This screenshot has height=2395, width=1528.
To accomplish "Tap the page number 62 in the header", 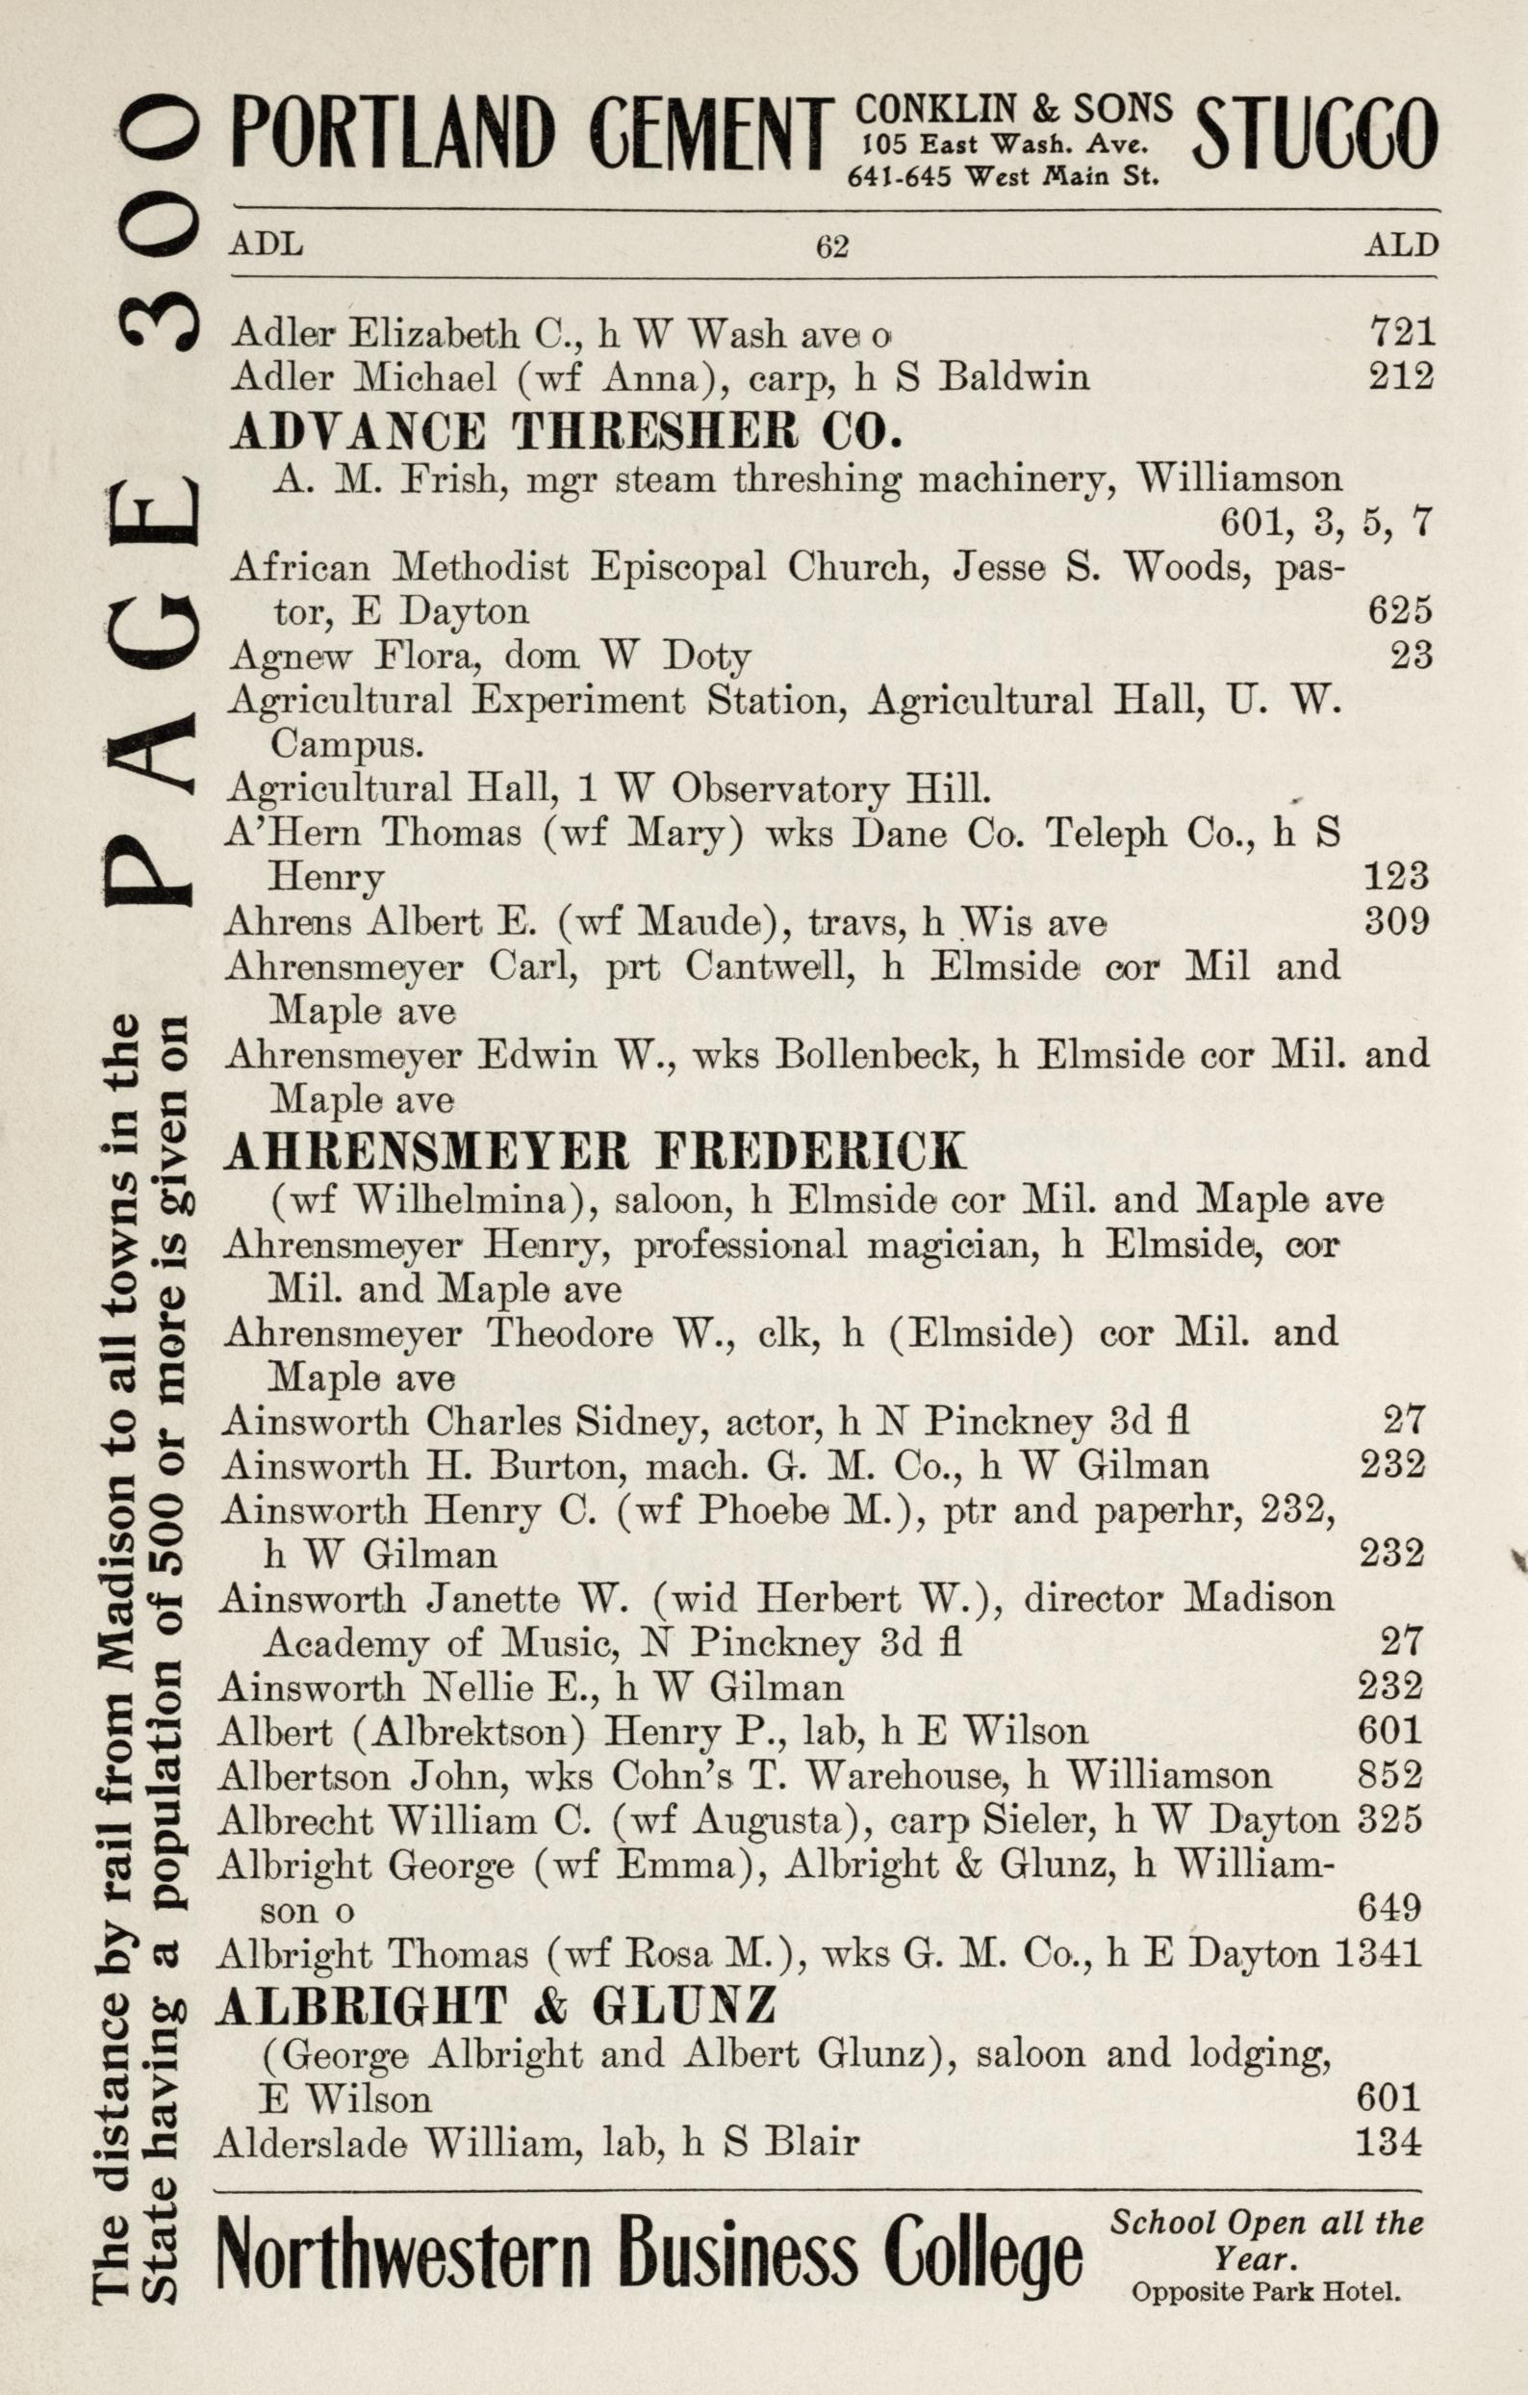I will [x=832, y=245].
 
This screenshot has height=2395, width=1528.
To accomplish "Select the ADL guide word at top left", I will [x=267, y=244].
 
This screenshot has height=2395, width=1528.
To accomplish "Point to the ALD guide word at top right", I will [x=1401, y=245].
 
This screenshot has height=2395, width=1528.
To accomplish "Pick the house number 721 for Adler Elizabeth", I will [x=1402, y=331].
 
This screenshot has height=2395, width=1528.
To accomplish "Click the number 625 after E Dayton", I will [x=1400, y=609].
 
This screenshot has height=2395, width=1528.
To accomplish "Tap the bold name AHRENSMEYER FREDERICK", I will [x=595, y=1153].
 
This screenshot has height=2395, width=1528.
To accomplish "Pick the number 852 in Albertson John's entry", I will [x=1390, y=1775].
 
